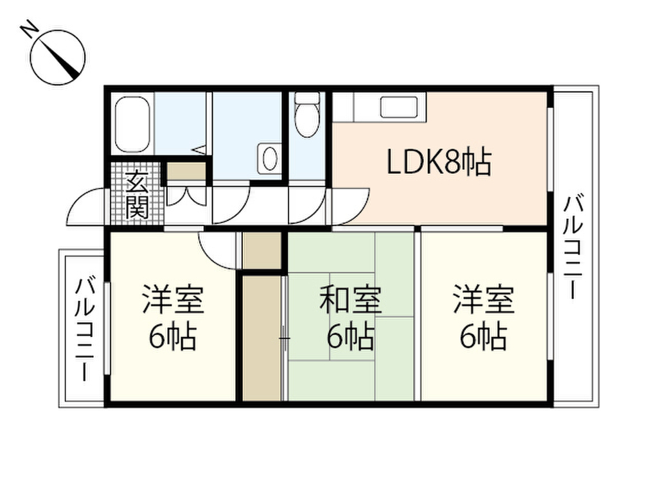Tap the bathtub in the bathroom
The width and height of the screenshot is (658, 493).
132,124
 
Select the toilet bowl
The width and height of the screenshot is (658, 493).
307,116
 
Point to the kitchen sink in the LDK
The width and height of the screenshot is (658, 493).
403,106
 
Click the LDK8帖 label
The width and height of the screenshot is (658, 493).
439,163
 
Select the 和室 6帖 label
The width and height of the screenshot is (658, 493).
350,318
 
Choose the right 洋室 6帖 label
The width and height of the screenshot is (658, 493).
483,318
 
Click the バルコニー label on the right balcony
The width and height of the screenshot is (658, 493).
573,248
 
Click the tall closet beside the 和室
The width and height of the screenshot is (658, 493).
262,337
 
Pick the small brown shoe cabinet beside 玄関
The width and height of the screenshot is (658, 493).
186,171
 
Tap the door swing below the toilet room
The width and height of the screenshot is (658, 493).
307,204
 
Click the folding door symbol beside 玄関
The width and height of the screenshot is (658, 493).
186,196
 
